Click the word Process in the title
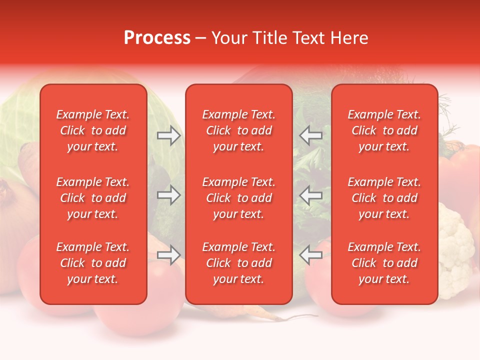[x=157, y=38]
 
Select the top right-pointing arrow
[x=168, y=135]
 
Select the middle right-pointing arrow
[x=168, y=195]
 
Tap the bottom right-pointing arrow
[x=168, y=255]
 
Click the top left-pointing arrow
[x=311, y=135]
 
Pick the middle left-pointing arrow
[x=311, y=195]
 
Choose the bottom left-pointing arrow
[x=311, y=255]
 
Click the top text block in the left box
[x=93, y=130]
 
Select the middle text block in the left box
[x=93, y=198]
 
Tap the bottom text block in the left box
[x=93, y=263]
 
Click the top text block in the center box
[x=238, y=130]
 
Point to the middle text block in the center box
[x=238, y=198]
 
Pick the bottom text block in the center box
[x=238, y=263]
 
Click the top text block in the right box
[x=384, y=130]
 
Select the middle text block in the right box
[x=384, y=198]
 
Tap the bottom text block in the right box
[x=384, y=263]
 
